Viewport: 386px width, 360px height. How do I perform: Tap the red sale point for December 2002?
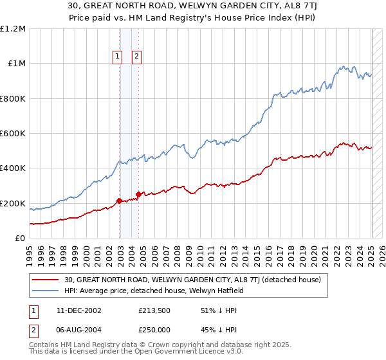[x=120, y=201]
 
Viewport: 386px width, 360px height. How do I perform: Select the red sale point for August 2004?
[x=138, y=194]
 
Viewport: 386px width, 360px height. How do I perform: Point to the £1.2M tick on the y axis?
[x=13, y=29]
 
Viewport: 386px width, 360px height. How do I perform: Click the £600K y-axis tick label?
[x=13, y=134]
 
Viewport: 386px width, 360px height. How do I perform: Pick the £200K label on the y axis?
[x=13, y=203]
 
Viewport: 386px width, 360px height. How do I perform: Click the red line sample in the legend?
[x=45, y=280]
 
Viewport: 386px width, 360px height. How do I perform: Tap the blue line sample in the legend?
[x=45, y=291]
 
